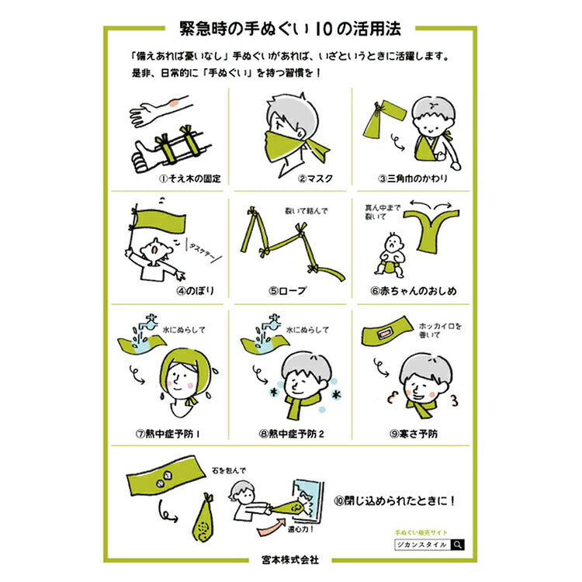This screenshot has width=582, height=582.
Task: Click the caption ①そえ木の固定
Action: click(x=189, y=178)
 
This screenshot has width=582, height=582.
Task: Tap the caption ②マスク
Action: click(x=315, y=178)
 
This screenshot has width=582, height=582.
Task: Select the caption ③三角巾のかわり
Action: click(x=413, y=178)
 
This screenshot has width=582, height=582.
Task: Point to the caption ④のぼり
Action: click(x=196, y=290)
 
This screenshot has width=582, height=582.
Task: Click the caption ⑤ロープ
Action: click(x=288, y=290)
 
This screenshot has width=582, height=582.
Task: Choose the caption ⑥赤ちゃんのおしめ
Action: click(x=413, y=291)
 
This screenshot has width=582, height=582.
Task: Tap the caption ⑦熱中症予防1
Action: click(x=168, y=434)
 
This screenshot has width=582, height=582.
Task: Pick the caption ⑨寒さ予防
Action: click(x=414, y=434)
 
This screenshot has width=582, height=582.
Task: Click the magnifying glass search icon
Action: click(x=458, y=545)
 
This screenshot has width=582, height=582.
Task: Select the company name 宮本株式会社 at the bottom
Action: click(x=290, y=559)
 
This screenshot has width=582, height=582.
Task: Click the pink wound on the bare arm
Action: click(x=173, y=102)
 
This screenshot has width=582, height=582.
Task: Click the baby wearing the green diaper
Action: click(x=390, y=255)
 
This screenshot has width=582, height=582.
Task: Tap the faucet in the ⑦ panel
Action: click(x=148, y=322)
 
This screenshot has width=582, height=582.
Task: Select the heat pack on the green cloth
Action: click(x=384, y=334)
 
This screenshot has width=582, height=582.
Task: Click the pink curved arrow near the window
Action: click(x=272, y=527)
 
